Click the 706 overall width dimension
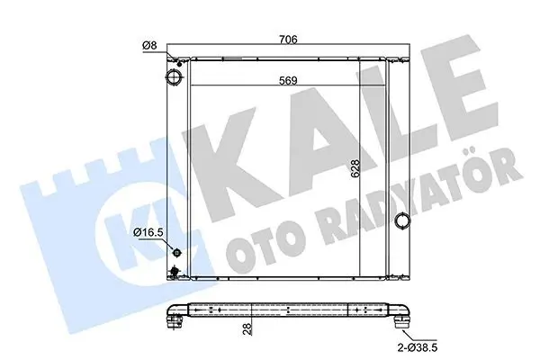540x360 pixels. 288,40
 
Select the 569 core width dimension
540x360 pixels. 288,81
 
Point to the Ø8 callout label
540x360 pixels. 149,45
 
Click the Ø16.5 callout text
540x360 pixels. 148,232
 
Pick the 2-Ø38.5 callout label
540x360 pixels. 418,347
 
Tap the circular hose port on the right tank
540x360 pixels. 402,220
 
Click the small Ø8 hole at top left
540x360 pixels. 179,64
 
